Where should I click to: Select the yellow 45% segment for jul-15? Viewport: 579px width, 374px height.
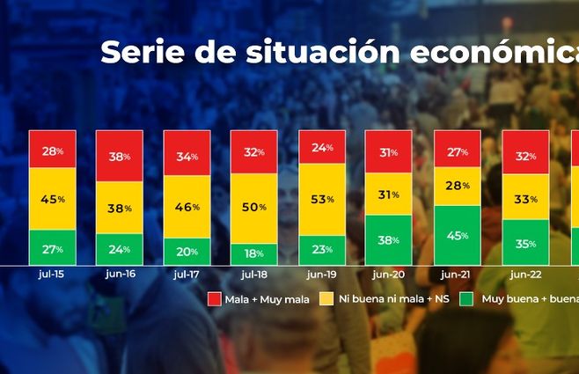coord(52,198)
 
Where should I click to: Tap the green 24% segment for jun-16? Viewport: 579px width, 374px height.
coord(120,248)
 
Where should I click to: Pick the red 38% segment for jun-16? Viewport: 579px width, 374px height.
coord(120,156)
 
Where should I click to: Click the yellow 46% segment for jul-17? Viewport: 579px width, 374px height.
coord(187,206)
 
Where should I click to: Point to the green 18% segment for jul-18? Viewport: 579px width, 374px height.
coord(254,253)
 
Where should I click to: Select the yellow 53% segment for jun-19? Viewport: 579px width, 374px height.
coord(322,199)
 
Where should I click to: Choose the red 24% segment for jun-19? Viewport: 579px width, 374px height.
coord(322,147)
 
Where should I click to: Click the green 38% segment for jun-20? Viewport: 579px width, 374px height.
coord(389,239)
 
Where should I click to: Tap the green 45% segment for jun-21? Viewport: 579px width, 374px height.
coord(457,235)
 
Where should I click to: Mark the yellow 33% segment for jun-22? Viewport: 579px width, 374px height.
coord(524,199)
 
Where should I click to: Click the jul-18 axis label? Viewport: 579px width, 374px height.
coord(254,274)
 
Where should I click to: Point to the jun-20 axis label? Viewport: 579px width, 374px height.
coord(389,274)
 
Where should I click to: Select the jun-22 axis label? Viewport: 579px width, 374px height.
coord(524,274)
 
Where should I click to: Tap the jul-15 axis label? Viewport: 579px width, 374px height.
coord(52,274)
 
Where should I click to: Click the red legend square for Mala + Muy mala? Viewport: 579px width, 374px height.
coord(213,299)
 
